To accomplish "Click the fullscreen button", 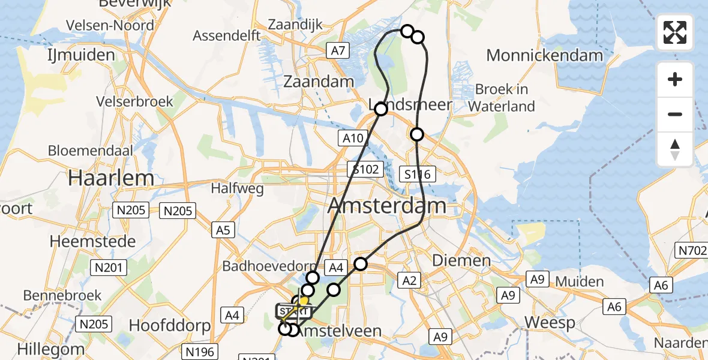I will coord(675,32).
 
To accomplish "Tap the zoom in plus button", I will coord(675,79).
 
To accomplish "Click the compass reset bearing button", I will coord(675,149).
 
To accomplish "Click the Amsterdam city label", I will coord(387,206).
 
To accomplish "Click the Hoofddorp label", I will coord(170,326).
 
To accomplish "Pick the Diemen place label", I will coord(461,260).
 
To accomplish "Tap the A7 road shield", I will coord(338,50).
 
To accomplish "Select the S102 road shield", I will coord(366,169).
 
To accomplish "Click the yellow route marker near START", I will coord(304,301).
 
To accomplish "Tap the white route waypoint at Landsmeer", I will coord(380,109).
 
